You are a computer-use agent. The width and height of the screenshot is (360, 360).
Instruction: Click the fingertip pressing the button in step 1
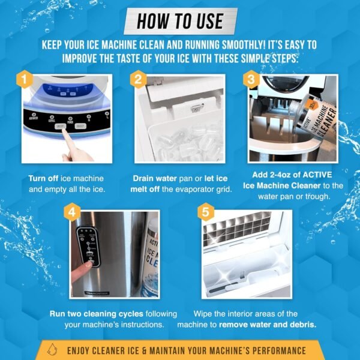click(x=64, y=136)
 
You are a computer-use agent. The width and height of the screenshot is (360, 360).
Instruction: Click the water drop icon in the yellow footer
click(x=55, y=350)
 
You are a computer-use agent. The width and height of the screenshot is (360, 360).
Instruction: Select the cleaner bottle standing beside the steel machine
click(x=144, y=258)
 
